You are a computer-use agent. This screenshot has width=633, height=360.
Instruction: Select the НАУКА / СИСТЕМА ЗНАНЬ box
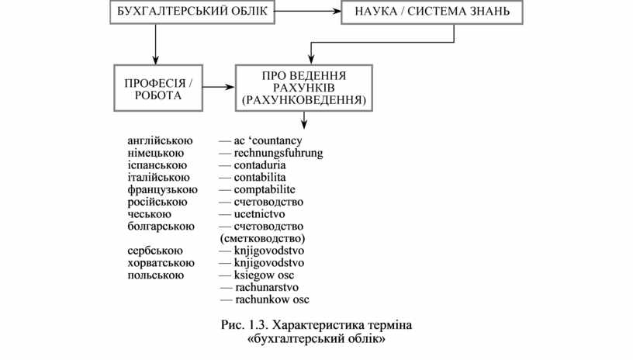pos(431,12)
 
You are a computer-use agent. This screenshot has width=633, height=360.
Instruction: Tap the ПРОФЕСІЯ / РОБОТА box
pos(157,89)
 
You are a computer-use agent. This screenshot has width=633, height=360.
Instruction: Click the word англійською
pos(161,141)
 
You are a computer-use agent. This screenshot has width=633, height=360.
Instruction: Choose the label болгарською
pos(161,226)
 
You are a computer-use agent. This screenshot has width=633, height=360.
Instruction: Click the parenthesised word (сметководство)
pos(263,237)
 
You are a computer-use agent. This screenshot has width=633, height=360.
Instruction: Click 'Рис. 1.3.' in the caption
pos(244,324)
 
